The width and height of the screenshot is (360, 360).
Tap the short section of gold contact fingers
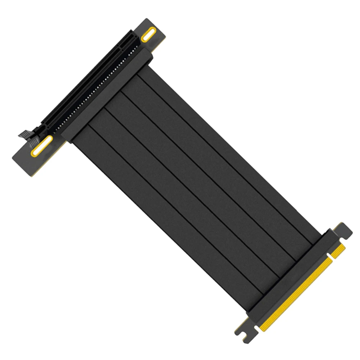click(338, 251)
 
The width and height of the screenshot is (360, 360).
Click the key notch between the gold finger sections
click(330, 258)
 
